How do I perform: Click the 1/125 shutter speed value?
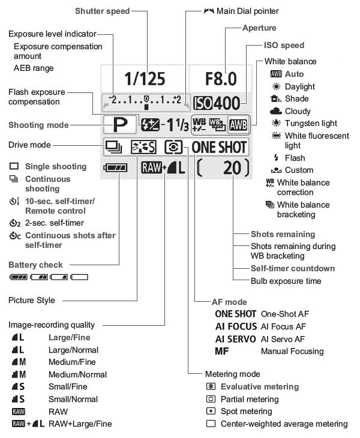pyautogui.click(x=144, y=78)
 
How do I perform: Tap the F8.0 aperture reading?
pyautogui.click(x=220, y=78)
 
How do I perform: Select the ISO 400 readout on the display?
pyautogui.click(x=217, y=103)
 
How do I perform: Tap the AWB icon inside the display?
pyautogui.click(x=238, y=124)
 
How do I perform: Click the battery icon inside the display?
pyautogui.click(x=115, y=169)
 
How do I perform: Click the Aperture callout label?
pyautogui.click(x=259, y=28)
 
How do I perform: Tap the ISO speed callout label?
pyautogui.click(x=284, y=45)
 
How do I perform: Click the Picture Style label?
pyautogui.click(x=32, y=300)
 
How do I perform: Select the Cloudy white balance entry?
pyautogui.click(x=298, y=111)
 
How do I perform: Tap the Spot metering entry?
pyautogui.click(x=246, y=412)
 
